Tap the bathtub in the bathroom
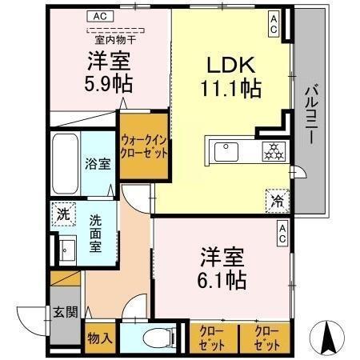(x=66, y=162)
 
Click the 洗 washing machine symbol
(x=63, y=214)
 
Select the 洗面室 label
(x=94, y=232)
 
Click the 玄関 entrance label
(x=66, y=313)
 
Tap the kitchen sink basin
(x=226, y=150)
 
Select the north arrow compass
(x=327, y=337)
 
